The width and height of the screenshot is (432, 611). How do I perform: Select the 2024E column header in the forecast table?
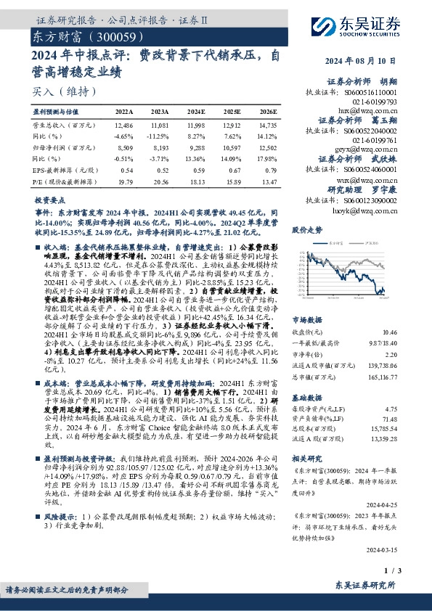click(x=195, y=112)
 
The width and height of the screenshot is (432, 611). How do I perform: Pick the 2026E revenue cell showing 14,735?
click(x=268, y=126)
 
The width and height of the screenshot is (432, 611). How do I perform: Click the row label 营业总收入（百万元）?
click(x=61, y=126)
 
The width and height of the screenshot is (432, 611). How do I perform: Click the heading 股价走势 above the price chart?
click(x=306, y=229)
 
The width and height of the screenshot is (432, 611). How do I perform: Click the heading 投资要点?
click(x=49, y=198)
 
